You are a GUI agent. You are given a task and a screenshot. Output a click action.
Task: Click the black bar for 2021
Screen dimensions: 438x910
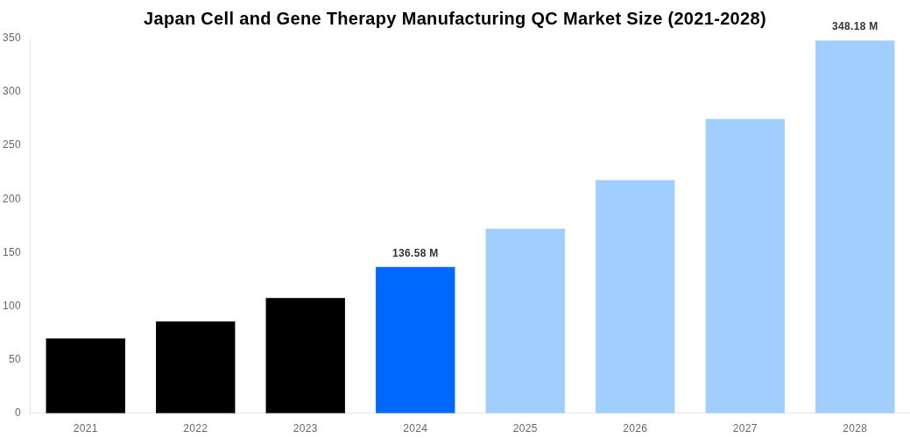[x=85, y=375]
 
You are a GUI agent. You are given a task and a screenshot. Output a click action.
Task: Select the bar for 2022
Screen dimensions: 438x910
[x=195, y=367]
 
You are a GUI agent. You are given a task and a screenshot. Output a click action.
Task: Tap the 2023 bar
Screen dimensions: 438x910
[x=305, y=355]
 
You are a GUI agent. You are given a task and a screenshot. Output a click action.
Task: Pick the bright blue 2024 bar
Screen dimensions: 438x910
[x=415, y=340]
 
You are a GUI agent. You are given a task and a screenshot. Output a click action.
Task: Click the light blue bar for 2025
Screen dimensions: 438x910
[x=525, y=321]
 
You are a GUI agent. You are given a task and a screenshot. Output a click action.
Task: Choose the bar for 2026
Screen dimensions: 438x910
[x=635, y=296]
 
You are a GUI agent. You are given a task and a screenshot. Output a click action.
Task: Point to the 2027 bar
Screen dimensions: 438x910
[x=744, y=265]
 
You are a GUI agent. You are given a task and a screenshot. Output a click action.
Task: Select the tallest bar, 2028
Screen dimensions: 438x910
[x=855, y=226]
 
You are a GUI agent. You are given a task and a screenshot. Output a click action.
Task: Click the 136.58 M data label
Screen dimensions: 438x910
[x=415, y=253]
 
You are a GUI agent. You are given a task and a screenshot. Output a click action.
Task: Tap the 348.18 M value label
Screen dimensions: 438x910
[x=855, y=26]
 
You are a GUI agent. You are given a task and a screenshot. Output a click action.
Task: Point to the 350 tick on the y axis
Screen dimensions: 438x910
[x=11, y=38]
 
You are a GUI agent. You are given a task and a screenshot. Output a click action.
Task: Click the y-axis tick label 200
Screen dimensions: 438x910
[x=11, y=199]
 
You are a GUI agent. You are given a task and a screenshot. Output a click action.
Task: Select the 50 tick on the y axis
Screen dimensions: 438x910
[x=14, y=359]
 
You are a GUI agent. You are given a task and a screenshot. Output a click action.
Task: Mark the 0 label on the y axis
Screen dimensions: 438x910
[x=18, y=413]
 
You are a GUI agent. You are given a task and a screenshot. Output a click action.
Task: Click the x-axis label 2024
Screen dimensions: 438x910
[x=415, y=428]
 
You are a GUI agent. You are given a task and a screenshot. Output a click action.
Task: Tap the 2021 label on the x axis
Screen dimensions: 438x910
[x=85, y=428]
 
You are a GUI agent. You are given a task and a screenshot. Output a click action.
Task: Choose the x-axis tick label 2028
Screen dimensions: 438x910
[x=855, y=428]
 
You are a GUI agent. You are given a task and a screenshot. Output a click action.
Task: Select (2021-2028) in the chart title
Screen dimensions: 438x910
[x=716, y=18]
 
